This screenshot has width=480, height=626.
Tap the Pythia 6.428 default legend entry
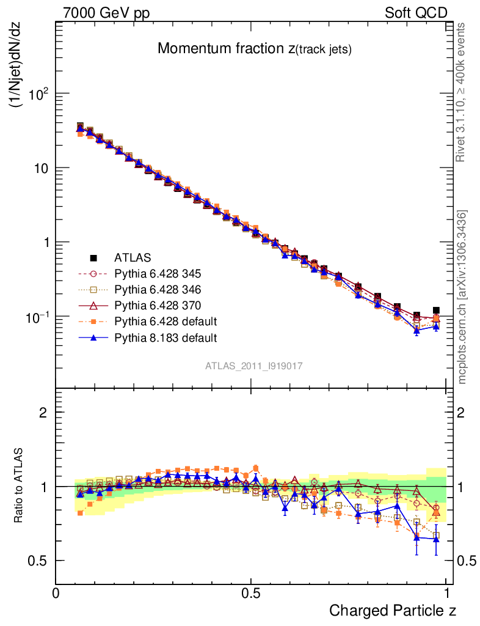(x=166, y=321)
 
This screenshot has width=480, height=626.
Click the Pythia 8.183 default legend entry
(x=166, y=337)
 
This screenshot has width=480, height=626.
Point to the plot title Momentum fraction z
(x=254, y=50)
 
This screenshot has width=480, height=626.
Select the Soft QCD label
(x=416, y=13)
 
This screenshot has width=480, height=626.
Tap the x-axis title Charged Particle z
(x=393, y=610)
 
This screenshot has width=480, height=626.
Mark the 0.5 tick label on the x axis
(x=251, y=593)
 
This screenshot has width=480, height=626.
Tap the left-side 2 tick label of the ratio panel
(x=43, y=412)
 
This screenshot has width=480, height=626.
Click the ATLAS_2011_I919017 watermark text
(x=253, y=366)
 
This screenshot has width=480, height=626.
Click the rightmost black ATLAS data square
(x=436, y=311)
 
